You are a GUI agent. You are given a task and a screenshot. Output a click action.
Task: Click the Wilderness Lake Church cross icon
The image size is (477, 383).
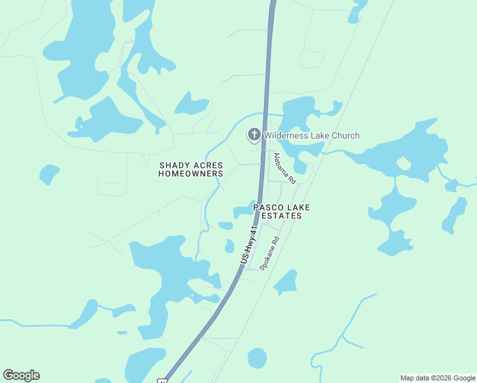(254, 135)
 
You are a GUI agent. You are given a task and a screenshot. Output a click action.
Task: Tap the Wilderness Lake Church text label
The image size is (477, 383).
(312, 135)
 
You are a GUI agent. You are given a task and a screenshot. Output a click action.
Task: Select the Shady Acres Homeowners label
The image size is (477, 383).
(191, 169)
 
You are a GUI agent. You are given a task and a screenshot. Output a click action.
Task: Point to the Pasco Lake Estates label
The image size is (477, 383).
(277, 212)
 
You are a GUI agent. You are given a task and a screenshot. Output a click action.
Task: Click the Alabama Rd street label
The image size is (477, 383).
(284, 169)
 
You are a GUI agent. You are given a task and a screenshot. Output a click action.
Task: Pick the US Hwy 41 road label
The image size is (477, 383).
(249, 245)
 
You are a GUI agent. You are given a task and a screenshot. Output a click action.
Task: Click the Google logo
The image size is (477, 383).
(21, 375)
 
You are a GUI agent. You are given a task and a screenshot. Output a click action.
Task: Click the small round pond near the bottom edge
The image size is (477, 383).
(257, 357)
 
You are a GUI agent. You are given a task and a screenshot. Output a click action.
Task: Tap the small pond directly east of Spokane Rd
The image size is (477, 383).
(286, 282)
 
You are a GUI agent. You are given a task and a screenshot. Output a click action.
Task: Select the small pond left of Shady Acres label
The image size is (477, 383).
(49, 173)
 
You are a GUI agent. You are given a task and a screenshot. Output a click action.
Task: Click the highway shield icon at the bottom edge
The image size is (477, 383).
(163, 380)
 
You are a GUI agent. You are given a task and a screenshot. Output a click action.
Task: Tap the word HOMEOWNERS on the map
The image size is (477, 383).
(191, 174)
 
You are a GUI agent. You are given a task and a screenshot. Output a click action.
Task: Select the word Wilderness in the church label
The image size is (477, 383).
(286, 135)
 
